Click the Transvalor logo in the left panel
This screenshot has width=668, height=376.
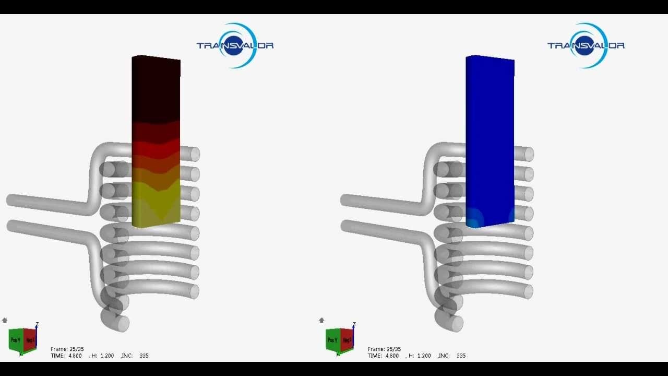[235, 45]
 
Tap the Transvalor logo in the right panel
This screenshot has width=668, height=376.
[586, 45]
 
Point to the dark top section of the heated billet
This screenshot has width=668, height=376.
[156, 89]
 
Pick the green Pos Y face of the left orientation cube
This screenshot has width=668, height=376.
[16, 340]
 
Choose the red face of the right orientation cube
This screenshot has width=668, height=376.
[347, 340]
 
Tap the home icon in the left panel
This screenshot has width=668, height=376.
[5, 320]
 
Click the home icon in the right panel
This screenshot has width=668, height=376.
[321, 320]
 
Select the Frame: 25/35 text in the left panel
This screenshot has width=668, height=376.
[67, 349]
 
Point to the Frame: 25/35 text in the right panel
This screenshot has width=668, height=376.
[384, 349]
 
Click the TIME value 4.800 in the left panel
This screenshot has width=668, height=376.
[74, 356]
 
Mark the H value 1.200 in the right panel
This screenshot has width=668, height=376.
[424, 356]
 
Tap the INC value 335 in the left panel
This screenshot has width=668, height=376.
[144, 356]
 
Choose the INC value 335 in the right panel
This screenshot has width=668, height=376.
[461, 356]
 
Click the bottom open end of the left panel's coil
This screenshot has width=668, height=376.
[122, 324]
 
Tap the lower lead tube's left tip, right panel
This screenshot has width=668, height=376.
[345, 226]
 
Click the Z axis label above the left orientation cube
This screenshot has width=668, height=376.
[37, 324]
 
